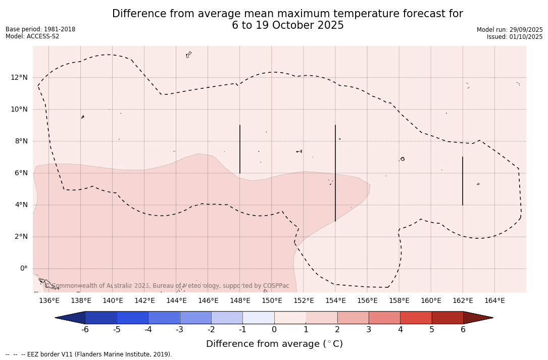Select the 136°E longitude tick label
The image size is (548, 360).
[49, 301]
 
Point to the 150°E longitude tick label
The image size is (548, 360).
[272, 301]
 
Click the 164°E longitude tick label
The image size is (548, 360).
[494, 301]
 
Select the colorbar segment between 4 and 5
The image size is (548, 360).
[416, 318]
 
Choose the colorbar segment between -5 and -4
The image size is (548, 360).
[132, 318]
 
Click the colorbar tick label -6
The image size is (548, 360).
[85, 330]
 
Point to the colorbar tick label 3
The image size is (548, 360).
[369, 330]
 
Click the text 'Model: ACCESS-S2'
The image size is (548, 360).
[32, 36]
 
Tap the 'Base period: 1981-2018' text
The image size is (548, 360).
[40, 29]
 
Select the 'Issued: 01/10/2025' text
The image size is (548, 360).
[515, 37]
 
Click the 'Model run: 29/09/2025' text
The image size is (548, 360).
[510, 30]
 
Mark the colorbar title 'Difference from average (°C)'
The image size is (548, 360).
[274, 344]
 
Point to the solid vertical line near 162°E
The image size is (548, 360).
[463, 181]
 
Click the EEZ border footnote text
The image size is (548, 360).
[89, 354]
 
